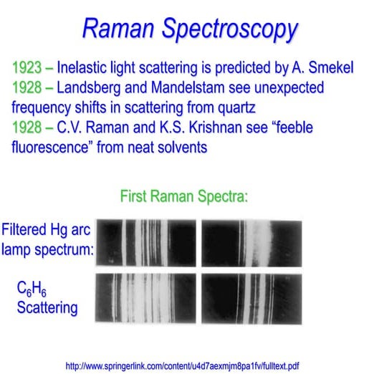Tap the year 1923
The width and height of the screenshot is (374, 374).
click(x=28, y=69)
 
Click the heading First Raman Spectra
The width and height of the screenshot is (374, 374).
click(x=184, y=196)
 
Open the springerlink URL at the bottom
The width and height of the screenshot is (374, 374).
click(x=183, y=365)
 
